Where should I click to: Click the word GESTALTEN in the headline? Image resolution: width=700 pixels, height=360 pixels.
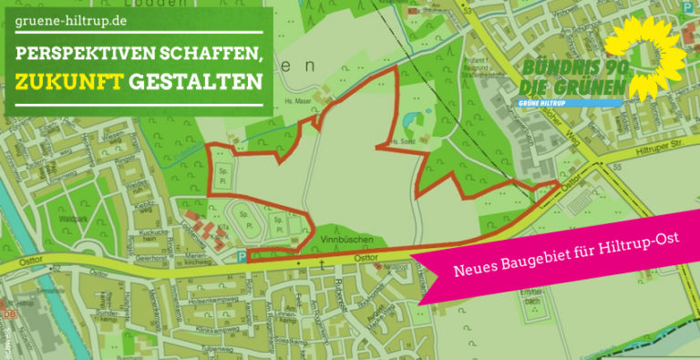195,83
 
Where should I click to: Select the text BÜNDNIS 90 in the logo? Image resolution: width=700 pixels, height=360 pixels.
572,68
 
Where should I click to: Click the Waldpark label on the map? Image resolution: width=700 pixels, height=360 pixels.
72,220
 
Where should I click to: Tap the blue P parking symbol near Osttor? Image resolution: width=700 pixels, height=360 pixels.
241,258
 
